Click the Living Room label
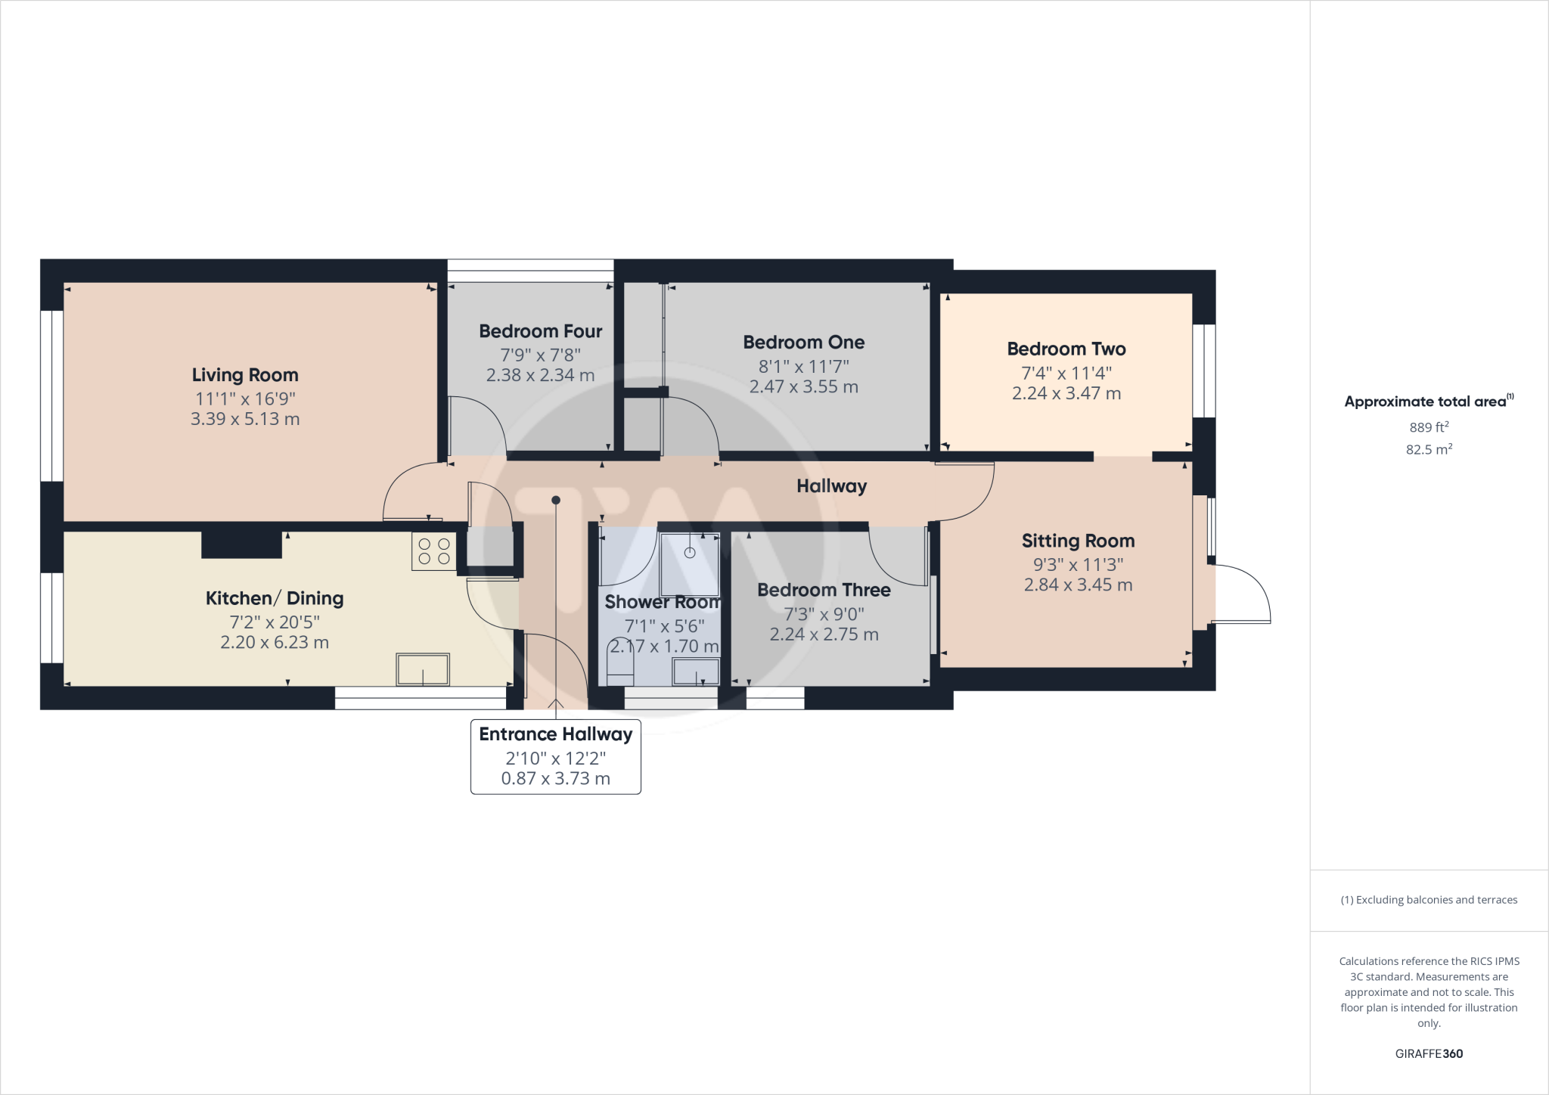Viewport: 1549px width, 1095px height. (245, 375)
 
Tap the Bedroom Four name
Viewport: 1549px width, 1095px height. (540, 331)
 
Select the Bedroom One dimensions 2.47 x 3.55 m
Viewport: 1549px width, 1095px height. (803, 387)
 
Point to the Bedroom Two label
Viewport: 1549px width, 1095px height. (1066, 349)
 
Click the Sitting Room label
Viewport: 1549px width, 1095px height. (1078, 541)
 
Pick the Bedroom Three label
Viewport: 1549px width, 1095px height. (824, 590)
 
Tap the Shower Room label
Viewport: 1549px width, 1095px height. (662, 602)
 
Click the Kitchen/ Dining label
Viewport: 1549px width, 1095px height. (275, 598)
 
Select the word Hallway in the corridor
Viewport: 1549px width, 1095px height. (831, 486)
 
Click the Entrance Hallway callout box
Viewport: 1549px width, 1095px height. (556, 756)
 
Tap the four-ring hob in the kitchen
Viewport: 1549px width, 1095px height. (434, 551)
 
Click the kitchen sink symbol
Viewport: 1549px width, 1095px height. (423, 669)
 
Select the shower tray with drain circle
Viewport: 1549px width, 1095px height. (689, 564)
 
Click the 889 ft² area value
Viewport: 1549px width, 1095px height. (1429, 427)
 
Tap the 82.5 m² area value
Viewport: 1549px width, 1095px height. (1429, 449)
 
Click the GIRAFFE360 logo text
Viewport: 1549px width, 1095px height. (1429, 1053)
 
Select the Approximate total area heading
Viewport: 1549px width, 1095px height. (1428, 402)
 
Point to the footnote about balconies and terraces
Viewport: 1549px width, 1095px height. (1429, 900)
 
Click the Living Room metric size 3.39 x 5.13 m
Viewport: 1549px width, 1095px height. (245, 419)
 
